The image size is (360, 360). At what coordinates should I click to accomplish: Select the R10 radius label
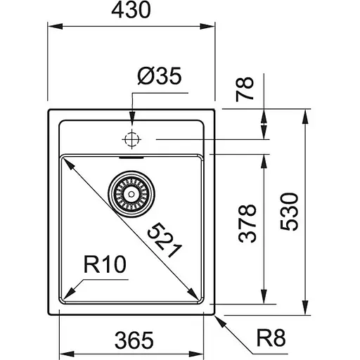103,266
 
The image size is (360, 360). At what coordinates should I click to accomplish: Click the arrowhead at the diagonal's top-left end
68,161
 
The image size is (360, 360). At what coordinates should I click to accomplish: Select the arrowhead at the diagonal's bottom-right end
192,295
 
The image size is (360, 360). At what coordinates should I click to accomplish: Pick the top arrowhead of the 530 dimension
306,115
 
